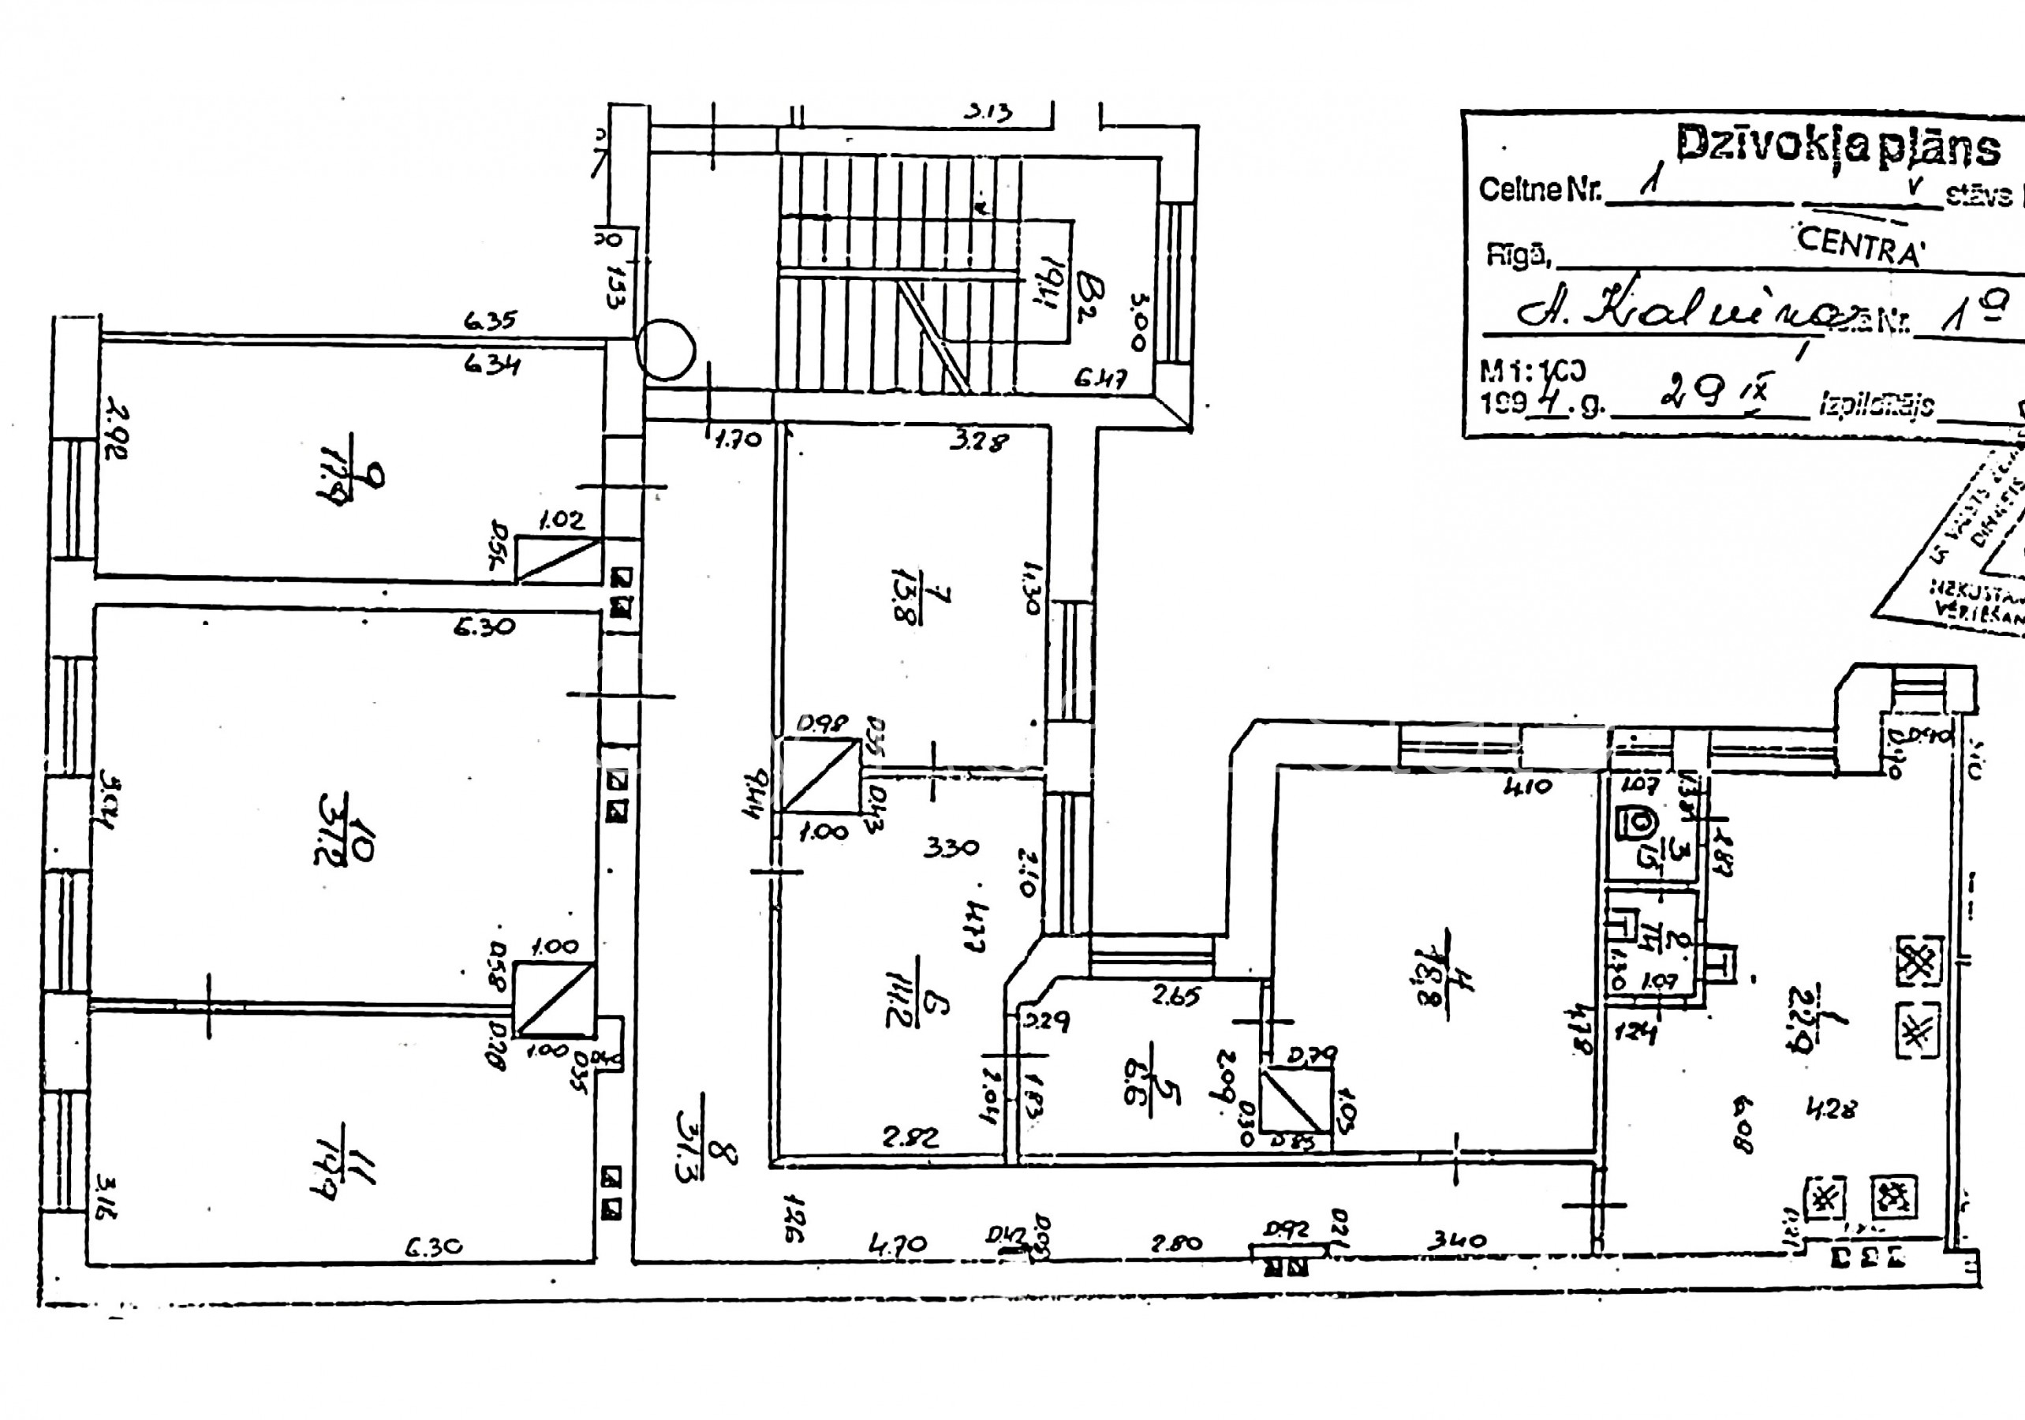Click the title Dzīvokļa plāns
pos(1837,145)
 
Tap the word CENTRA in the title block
pos(1859,245)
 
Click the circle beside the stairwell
pos(665,349)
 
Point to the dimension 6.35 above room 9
pos(491,320)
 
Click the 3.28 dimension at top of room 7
pos(978,440)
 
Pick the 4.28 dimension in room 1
pos(1830,1108)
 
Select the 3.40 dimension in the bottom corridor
pos(1456,1241)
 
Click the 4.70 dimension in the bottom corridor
pos(897,1243)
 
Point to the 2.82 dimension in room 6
pos(911,1138)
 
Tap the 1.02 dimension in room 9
pos(561,520)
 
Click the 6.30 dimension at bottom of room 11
pos(434,1247)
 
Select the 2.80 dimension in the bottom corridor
pos(1176,1242)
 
